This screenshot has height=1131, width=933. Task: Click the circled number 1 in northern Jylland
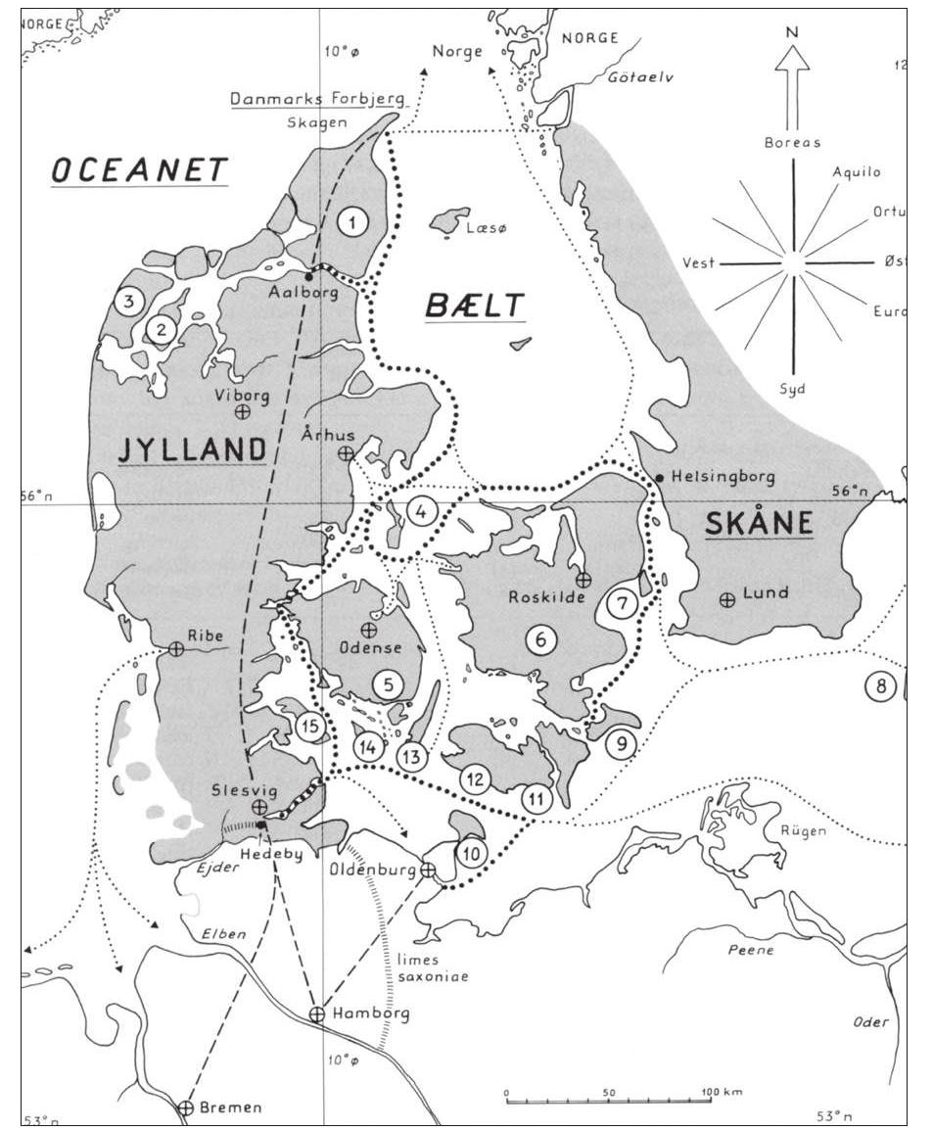351,221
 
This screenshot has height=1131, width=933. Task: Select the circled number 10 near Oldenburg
472,853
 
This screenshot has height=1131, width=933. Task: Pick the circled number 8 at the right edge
880,686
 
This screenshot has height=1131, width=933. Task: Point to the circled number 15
310,727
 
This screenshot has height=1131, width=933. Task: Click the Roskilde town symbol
583,580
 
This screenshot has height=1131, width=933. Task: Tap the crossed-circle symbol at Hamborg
316,1014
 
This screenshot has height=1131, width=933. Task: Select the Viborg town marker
242,412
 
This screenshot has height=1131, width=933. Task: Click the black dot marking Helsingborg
661,477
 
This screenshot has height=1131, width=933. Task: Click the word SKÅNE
759,525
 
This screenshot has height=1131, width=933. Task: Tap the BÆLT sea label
475,306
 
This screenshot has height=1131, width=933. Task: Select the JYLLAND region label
193,449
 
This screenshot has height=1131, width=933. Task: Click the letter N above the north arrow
792,31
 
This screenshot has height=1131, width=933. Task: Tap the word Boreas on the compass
791,142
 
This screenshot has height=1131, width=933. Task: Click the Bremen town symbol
186,1107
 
